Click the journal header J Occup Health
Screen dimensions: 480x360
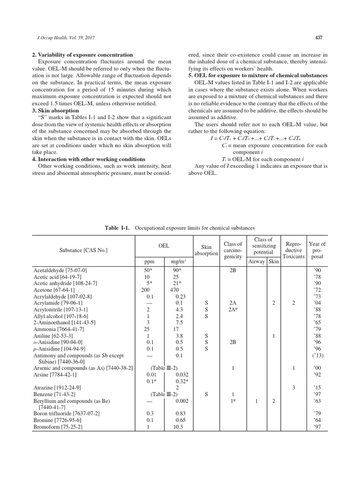point(62,37)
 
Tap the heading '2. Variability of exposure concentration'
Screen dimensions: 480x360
point(82,55)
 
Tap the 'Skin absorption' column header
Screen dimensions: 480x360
point(206,250)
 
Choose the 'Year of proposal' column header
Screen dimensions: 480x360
point(317,250)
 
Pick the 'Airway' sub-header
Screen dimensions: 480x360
point(256,261)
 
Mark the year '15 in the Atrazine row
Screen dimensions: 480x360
point(317,388)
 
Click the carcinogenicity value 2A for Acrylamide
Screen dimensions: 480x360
point(232,303)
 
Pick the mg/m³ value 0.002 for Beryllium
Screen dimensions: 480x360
point(177,401)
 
